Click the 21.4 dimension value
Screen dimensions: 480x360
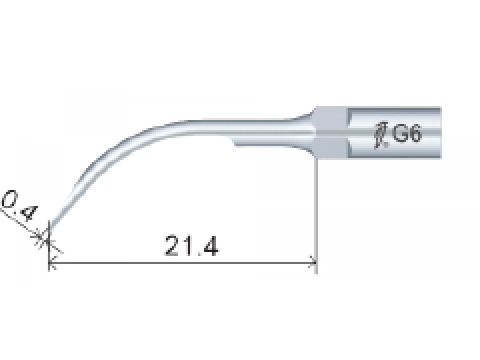[x=191, y=246]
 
